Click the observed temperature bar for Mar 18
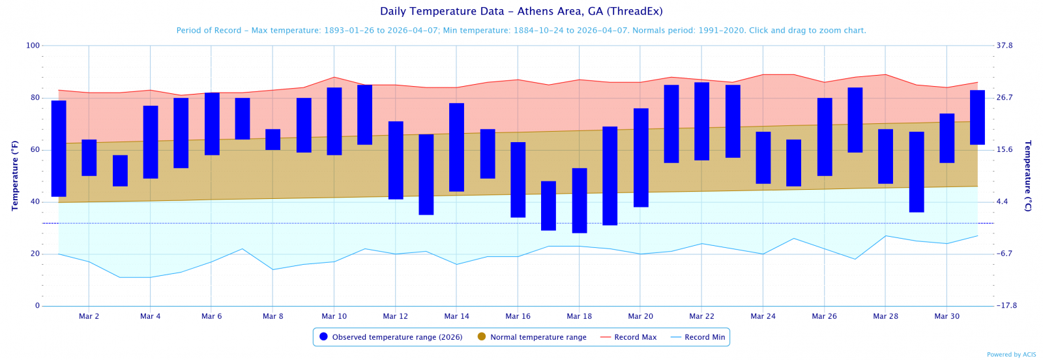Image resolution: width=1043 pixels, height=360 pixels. tap(579, 200)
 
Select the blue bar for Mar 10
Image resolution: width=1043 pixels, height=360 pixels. tap(334, 121)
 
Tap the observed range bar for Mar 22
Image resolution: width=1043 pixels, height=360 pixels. tap(701, 121)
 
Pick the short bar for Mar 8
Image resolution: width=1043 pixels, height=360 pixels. tap(272, 140)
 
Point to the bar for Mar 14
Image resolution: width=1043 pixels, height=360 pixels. tap(456, 147)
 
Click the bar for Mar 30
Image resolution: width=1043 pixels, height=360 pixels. tap(947, 138)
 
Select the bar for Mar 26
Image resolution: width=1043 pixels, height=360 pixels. tap(824, 137)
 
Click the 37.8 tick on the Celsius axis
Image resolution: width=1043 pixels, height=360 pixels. tap(1005, 46)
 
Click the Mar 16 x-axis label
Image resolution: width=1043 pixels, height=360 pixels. tap(518, 316)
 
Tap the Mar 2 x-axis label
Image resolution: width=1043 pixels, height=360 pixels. tap(89, 316)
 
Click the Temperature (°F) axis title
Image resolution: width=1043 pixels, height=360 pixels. tap(15, 175)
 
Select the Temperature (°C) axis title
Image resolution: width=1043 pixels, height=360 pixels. tap(1028, 175)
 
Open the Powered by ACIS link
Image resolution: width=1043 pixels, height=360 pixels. tap(1011, 355)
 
